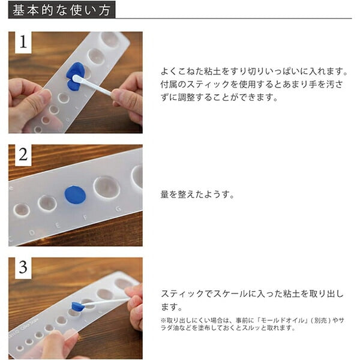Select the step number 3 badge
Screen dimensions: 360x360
23,268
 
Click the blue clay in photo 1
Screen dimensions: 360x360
74,76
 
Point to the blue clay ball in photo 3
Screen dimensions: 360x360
77,307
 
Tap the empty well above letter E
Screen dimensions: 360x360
47,203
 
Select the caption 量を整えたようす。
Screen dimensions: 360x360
197,194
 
